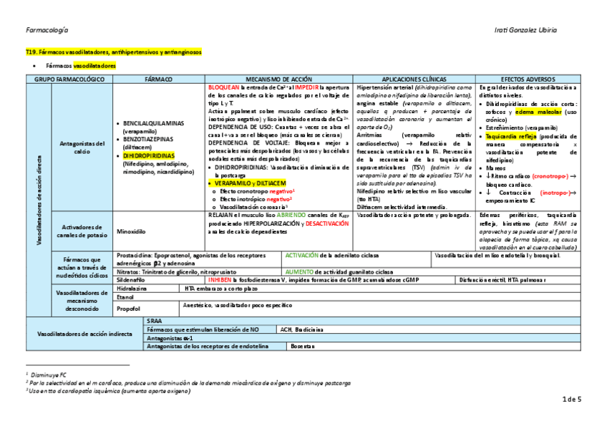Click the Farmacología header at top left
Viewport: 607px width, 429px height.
[47, 30]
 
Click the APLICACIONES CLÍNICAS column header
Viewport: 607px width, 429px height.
[414, 79]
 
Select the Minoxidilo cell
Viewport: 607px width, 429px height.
[131, 231]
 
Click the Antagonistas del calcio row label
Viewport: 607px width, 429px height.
[80, 147]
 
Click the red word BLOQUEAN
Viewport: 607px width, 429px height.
[223, 87]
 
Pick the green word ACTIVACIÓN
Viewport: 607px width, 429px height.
[301, 255]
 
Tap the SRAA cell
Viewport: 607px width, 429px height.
[153, 320]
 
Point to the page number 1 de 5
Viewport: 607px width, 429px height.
[573, 398]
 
